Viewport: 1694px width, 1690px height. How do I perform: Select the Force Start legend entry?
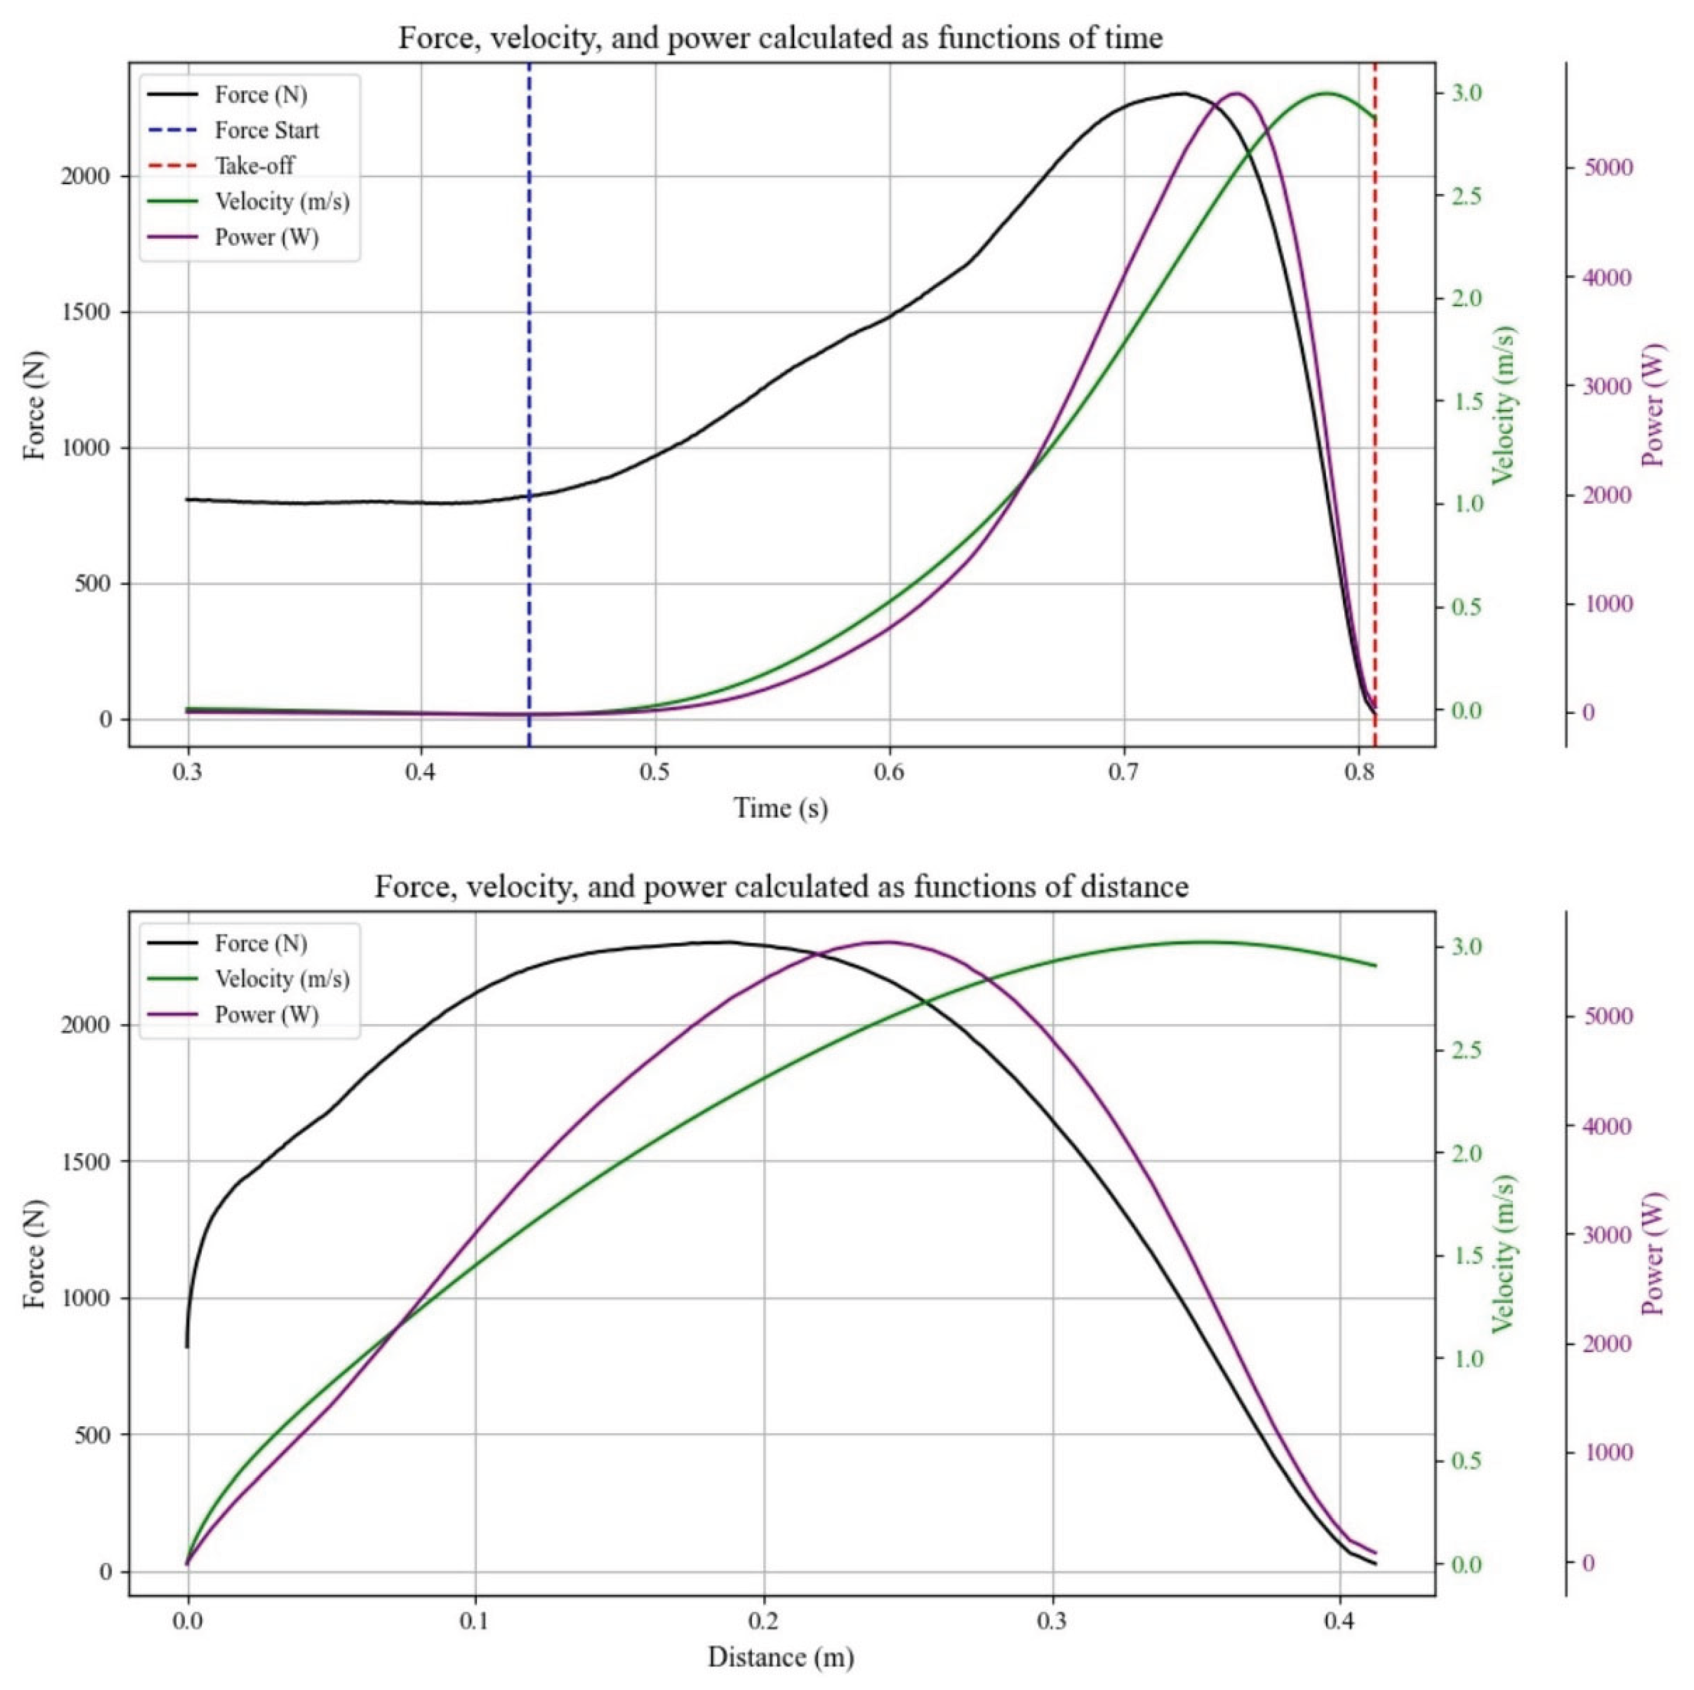click(267, 131)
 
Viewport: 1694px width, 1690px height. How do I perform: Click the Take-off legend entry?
click(254, 166)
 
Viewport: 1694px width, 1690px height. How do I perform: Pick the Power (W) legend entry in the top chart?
click(267, 238)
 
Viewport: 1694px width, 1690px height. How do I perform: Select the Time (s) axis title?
click(781, 808)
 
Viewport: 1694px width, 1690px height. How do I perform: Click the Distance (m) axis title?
click(781, 1657)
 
